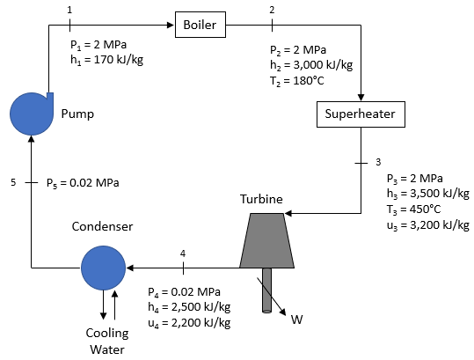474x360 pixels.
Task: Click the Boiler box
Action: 201,25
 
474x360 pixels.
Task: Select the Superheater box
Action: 361,114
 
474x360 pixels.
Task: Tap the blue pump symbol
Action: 32,114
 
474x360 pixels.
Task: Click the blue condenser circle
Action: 103,268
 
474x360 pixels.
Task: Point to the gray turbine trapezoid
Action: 267,240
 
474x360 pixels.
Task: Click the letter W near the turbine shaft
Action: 297,320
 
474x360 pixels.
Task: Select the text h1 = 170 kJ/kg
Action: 106,60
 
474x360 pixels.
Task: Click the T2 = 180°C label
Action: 297,81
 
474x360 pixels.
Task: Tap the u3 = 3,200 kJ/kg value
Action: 428,225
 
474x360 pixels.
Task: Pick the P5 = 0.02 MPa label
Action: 83,183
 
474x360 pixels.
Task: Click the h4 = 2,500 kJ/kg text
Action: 189,307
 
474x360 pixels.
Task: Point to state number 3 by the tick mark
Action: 378,162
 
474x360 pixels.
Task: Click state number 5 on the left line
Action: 13,182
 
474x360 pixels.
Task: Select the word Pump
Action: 77,114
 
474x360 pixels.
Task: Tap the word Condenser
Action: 103,226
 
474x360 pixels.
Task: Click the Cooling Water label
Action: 107,342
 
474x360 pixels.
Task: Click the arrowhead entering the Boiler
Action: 171,25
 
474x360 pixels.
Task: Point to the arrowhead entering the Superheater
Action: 361,98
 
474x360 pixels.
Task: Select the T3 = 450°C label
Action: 414,209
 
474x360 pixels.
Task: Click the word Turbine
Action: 261,199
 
